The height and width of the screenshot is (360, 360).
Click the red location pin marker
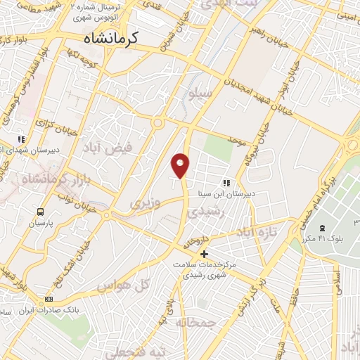181,165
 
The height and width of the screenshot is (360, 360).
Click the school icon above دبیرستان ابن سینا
226,183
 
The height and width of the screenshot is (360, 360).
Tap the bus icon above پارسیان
41,212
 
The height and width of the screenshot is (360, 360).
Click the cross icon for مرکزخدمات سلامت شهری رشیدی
205,254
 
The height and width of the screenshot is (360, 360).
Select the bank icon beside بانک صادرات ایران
49,299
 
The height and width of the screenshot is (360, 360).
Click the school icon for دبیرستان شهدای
22,139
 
